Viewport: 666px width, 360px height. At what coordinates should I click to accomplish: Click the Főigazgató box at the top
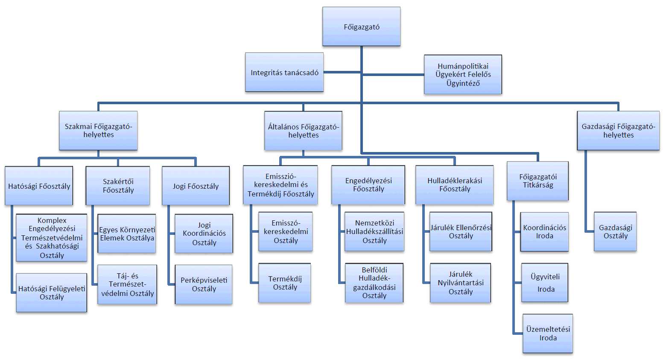coord(361,26)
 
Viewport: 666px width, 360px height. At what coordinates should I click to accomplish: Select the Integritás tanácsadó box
coord(284,73)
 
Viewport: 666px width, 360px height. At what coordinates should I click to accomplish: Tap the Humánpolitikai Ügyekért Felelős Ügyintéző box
coord(463,74)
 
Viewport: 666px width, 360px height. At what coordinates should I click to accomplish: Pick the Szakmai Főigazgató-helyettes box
coord(98,131)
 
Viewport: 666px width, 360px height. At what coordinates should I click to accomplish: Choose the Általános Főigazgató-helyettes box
coord(303,131)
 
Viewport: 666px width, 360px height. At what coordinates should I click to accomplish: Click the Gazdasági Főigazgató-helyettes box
coord(618,131)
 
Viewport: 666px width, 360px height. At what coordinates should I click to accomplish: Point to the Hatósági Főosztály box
coord(39,186)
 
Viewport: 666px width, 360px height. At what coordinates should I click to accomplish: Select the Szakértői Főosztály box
coord(118,186)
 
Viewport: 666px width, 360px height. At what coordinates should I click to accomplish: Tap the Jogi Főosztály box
coord(196,186)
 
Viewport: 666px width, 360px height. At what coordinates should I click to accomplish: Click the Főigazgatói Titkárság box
coord(537,181)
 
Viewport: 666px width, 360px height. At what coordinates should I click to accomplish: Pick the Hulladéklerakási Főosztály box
coord(454,185)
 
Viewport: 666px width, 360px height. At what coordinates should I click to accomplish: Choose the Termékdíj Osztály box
coord(285,283)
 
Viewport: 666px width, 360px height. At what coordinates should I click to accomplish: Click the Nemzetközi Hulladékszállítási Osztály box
coord(374,231)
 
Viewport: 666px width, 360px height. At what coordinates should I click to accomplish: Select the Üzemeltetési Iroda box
coord(548,334)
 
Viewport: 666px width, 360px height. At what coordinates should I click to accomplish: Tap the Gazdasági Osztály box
coord(615,231)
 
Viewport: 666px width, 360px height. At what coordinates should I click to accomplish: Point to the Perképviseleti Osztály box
coord(204,284)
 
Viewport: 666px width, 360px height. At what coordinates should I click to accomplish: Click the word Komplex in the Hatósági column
coord(52,220)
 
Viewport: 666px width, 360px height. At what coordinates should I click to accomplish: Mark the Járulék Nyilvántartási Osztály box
coord(460,283)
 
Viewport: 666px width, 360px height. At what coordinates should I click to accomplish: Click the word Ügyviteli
coord(545,277)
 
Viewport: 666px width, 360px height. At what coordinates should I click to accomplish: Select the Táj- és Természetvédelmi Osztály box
coord(127,284)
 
